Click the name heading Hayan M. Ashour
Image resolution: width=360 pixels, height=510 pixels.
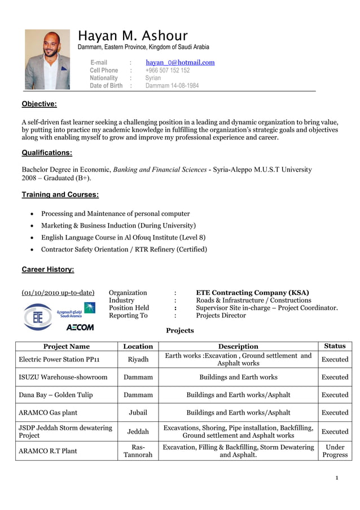click(133, 36)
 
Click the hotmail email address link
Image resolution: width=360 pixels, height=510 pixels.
click(180, 63)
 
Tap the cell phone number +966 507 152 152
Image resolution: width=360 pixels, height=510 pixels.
click(168, 71)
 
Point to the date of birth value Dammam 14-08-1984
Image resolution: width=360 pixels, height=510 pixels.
click(172, 86)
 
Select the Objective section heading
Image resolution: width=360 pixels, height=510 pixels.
click(39, 104)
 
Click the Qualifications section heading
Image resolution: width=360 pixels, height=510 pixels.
click(46, 152)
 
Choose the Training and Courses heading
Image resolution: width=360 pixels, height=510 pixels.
click(60, 195)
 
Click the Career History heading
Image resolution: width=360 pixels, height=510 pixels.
click(47, 269)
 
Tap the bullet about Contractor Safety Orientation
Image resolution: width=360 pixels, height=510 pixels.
click(124, 249)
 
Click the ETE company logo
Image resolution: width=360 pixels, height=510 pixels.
click(38, 317)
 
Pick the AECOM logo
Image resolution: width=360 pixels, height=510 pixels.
click(80, 327)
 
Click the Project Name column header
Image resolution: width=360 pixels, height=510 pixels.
click(67, 346)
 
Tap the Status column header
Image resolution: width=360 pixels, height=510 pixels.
click(335, 346)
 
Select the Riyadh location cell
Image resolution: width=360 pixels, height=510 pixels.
click(138, 360)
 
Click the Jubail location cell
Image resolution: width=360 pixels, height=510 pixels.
click(138, 413)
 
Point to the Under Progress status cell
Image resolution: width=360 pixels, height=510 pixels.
click(335, 451)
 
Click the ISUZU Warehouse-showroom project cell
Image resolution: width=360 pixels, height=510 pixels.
click(63, 377)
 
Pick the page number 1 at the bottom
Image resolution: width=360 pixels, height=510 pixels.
click(336, 478)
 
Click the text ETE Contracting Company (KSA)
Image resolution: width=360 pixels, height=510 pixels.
click(252, 293)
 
